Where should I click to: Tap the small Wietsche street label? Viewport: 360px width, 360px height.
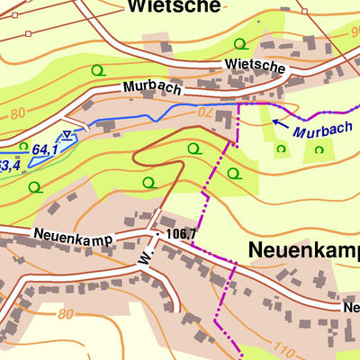(x=256, y=67)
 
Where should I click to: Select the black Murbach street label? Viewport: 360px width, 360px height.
(x=152, y=89)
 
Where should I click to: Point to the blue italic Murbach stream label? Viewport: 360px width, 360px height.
(x=321, y=130)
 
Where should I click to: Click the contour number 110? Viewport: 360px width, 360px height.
(x=283, y=349)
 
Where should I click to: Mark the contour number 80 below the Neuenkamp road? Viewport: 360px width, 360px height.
(x=64, y=314)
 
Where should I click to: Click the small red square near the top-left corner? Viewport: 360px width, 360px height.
(x=28, y=34)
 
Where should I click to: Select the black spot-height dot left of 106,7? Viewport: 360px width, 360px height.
(x=158, y=231)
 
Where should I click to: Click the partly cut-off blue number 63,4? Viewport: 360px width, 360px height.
(x=9, y=166)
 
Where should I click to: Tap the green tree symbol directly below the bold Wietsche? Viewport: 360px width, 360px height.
(x=239, y=43)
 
